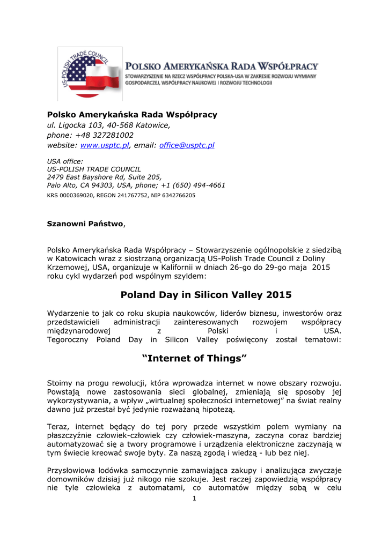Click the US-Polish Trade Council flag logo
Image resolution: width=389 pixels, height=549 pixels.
pos(90,73)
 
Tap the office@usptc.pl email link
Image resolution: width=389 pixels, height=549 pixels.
pos(187,145)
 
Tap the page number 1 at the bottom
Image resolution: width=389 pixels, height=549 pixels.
pos(194,500)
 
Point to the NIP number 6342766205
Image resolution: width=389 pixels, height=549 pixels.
pos(178,196)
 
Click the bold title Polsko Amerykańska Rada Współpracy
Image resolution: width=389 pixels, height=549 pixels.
pos(132,114)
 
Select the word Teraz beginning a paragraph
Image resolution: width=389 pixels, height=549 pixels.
pos(57,426)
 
